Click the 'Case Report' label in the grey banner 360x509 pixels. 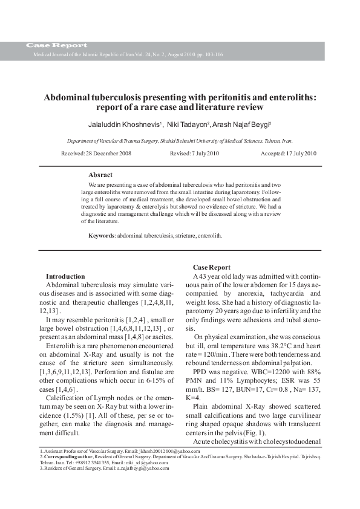click(x=56, y=45)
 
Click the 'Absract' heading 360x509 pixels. click(x=100, y=175)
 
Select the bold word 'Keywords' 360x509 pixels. click(x=102, y=236)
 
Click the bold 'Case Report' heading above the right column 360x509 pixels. click(x=211, y=267)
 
